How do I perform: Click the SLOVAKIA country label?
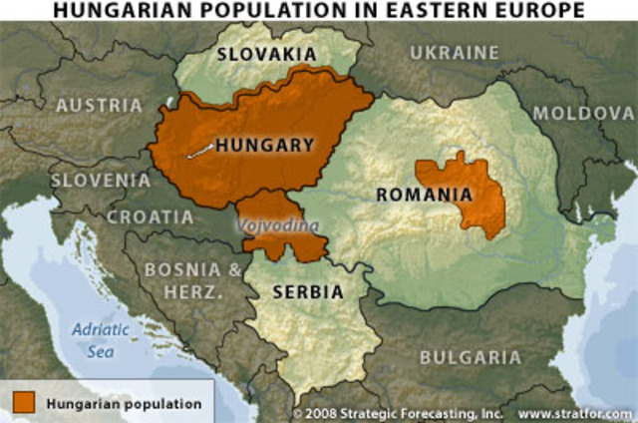[265, 53]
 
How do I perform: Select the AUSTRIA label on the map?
[98, 105]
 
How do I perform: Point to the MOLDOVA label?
[583, 113]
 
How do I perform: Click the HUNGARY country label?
[264, 145]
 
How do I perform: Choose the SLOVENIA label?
[101, 181]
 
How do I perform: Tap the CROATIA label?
[151, 216]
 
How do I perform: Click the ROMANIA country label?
[424, 194]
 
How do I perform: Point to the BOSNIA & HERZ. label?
[192, 279]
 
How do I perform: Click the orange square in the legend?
[25, 403]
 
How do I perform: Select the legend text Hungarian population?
[122, 404]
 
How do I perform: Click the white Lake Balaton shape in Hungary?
[200, 152]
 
